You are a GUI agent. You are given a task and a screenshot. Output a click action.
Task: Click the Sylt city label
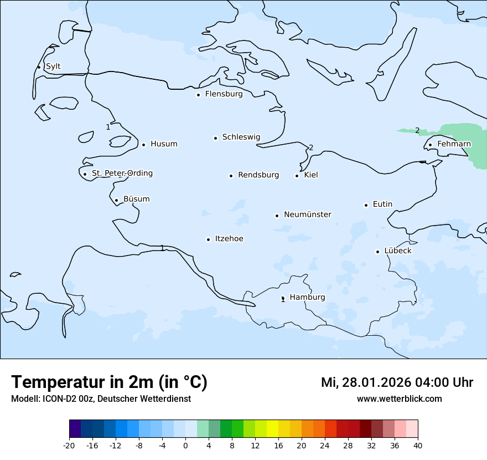pos(53,67)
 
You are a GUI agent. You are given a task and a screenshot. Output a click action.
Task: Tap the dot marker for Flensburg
pos(198,95)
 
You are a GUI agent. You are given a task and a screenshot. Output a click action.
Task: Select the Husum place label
pos(164,144)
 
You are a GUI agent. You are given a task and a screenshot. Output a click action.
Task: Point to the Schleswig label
pos(241,137)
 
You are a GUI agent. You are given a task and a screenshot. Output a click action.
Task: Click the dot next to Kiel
pos(297,176)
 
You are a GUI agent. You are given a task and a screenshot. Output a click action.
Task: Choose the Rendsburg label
pos(258,175)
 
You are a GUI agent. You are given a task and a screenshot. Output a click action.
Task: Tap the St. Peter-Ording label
pos(122,173)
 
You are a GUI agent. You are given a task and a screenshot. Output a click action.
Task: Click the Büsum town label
pos(136,199)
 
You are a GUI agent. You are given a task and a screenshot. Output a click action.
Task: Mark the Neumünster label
pos(308,214)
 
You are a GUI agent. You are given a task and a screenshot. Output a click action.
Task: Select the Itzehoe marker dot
pos(208,239)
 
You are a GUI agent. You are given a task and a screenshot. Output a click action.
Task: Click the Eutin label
pos(382,205)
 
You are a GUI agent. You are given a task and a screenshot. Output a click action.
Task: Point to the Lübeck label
pos(397,251)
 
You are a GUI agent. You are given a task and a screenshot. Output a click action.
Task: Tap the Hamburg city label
pos(307,297)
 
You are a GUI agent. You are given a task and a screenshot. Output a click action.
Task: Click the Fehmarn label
pos(454,144)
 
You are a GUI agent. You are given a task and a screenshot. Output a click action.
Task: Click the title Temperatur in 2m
pos(109,382)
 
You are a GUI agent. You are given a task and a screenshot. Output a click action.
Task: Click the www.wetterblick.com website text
pos(399,398)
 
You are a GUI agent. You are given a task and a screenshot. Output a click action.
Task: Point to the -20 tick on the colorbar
pos(69,445)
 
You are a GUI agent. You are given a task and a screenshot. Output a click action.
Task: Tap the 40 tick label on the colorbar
pos(417,445)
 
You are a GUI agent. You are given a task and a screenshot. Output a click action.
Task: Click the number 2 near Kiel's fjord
pos(311,147)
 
